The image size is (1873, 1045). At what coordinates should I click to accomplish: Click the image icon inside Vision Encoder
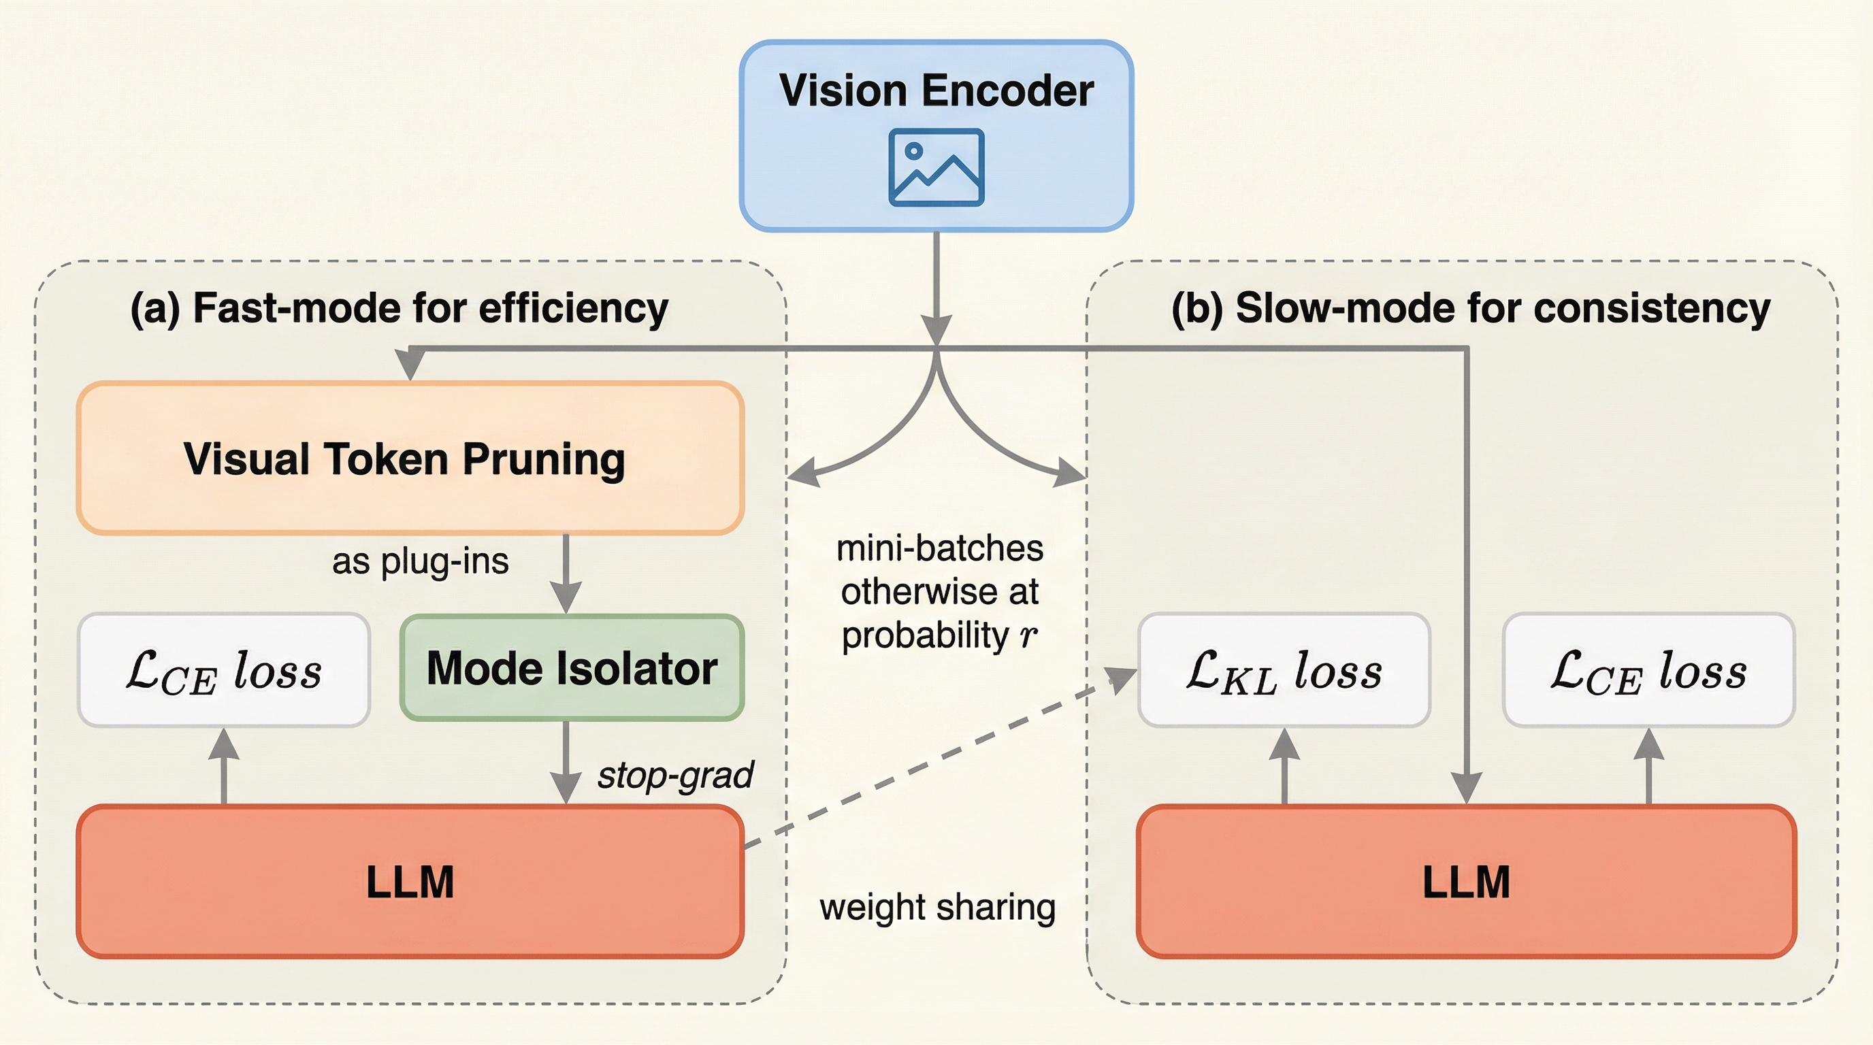tap(936, 167)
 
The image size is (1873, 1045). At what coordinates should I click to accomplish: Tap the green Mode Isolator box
tap(572, 668)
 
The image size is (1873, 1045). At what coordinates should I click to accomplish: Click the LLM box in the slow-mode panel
tap(1466, 882)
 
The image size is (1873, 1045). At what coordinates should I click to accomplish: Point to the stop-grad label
tap(674, 775)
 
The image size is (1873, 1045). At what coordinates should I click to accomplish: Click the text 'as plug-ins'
tap(420, 561)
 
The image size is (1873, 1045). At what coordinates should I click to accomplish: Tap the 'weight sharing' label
tap(937, 908)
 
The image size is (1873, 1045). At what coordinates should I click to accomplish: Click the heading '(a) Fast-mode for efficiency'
tap(398, 308)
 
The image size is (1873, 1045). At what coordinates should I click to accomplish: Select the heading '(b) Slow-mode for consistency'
tap(1470, 308)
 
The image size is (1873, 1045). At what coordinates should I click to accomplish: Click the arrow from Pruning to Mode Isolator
tap(566, 574)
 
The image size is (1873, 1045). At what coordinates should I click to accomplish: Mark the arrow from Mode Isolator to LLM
tap(566, 763)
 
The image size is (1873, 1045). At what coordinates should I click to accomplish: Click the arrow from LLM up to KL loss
tap(1284, 766)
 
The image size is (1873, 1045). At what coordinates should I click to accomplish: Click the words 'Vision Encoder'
tap(936, 91)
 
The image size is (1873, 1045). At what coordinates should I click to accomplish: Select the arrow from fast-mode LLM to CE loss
tap(223, 766)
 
